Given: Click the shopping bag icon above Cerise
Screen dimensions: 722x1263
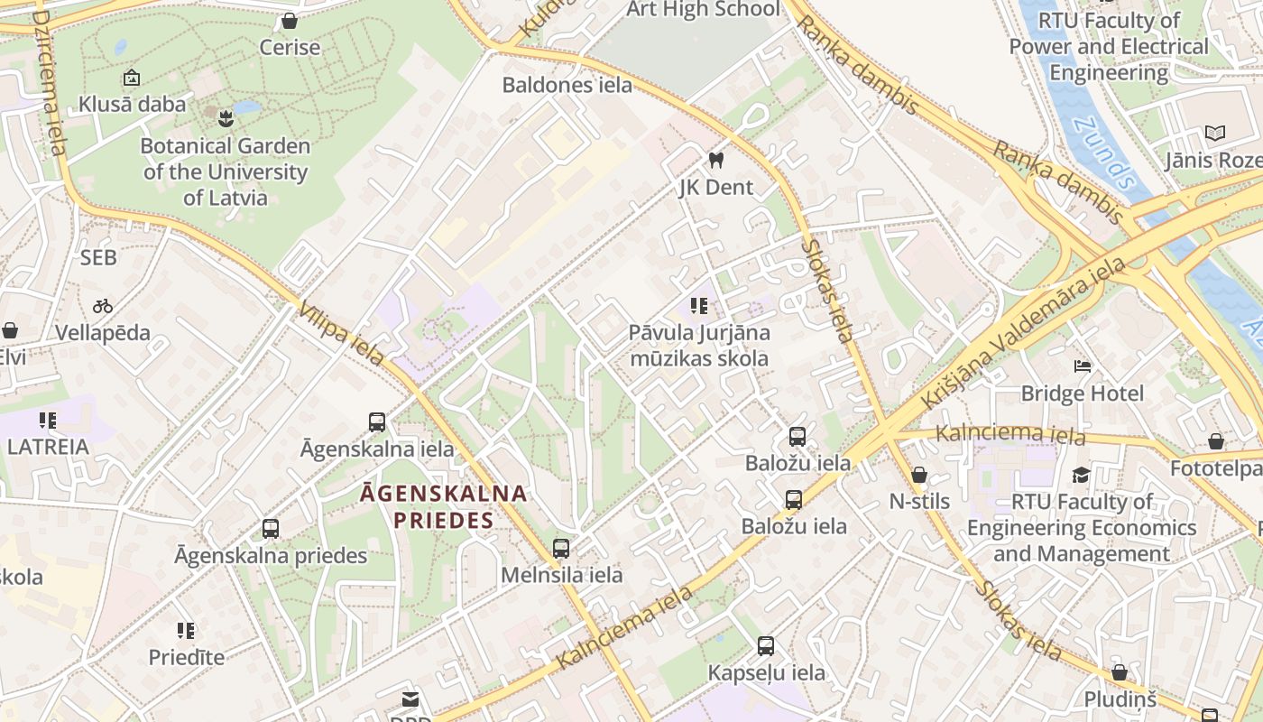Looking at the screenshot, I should [x=290, y=20].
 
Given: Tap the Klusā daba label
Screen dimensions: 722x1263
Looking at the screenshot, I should [x=132, y=104].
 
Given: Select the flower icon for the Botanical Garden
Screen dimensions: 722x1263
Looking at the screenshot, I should [x=225, y=116].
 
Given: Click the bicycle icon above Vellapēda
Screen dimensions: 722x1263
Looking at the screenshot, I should [x=103, y=306].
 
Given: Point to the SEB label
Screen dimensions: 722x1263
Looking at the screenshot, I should [x=98, y=258].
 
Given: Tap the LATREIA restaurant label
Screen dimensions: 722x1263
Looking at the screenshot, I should [x=48, y=447].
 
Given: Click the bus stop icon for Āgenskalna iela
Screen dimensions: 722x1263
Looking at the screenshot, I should [x=377, y=421].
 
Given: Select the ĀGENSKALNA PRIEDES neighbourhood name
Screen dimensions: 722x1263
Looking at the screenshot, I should [x=444, y=506].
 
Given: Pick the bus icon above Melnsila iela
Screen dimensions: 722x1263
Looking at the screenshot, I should [x=561, y=548].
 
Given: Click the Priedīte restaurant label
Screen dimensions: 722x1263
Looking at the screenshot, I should [x=187, y=657].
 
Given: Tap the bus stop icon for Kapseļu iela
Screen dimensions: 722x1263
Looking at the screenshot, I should [x=766, y=645].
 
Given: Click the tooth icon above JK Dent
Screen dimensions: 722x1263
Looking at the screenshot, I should [x=716, y=161].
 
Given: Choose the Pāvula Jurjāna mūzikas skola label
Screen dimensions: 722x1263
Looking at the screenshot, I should [x=700, y=346].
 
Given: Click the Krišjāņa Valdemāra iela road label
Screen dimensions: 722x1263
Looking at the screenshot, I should [x=1023, y=331].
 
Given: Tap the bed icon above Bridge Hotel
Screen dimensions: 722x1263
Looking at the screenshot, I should [x=1083, y=366].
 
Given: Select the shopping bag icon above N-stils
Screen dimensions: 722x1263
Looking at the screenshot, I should [x=919, y=474].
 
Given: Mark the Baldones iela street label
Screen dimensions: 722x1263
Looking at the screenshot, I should [x=567, y=86].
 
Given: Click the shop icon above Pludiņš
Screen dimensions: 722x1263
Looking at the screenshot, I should [x=1120, y=672].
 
